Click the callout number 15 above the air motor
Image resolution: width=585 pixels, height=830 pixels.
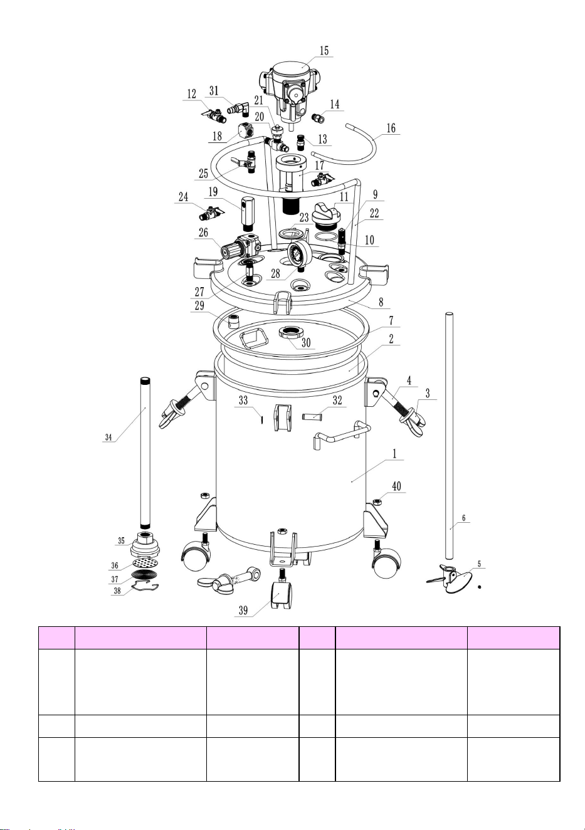coord(324,50)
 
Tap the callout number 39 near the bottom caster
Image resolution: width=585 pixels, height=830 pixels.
coord(243,610)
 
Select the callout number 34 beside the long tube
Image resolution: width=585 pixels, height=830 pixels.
coord(108,437)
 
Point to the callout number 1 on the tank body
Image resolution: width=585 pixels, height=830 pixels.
coord(394,453)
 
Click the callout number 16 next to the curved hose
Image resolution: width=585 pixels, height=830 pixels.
coord(391,129)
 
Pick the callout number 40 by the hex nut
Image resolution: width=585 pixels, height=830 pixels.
coord(396,486)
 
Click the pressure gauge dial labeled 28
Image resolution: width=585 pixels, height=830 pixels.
coord(299,255)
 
